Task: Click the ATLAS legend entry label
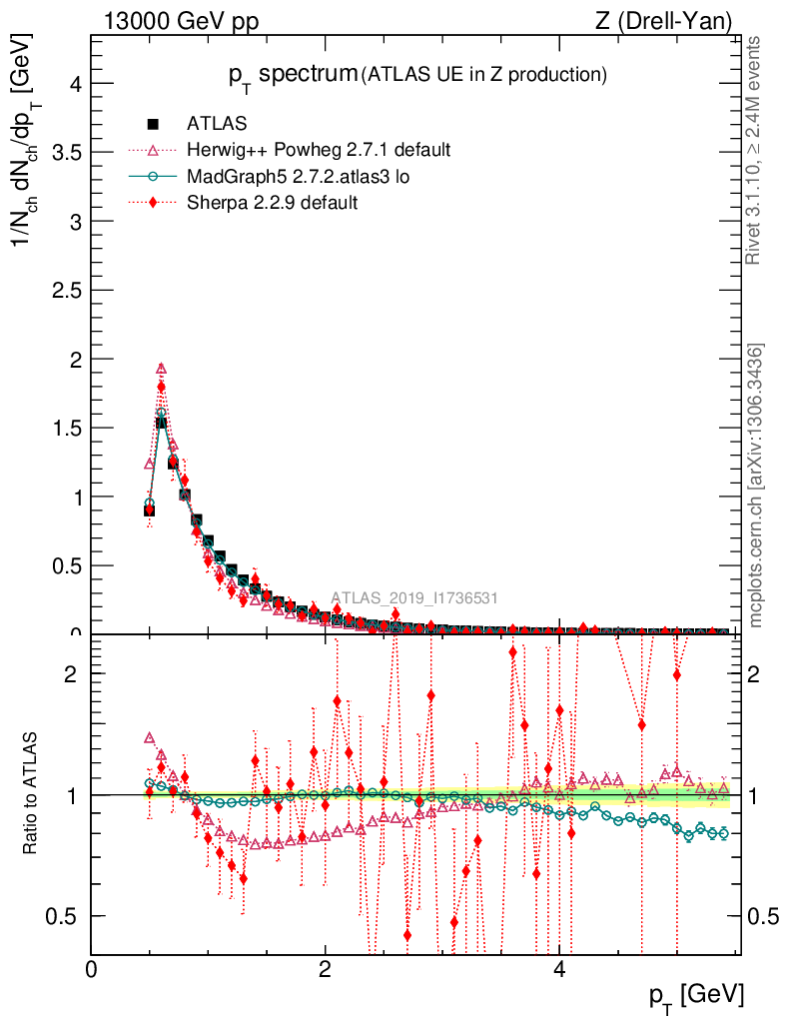[217, 124]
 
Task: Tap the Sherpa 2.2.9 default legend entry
[272, 202]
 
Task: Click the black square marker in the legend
[153, 124]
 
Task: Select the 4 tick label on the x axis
[559, 970]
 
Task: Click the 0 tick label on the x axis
[92, 970]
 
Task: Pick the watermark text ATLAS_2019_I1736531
[414, 598]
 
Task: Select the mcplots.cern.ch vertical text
[756, 486]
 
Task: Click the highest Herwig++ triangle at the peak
[161, 368]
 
